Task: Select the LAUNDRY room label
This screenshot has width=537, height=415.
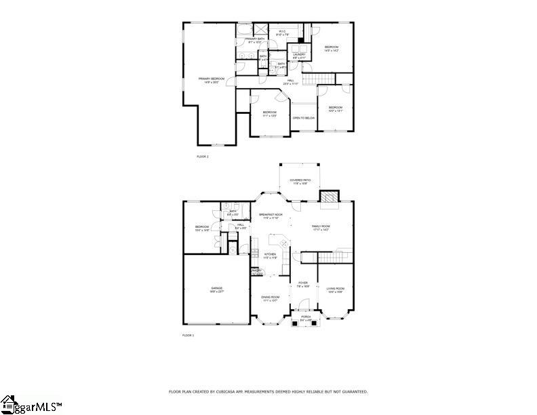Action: (x=299, y=56)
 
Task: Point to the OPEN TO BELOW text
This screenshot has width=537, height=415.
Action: (x=303, y=118)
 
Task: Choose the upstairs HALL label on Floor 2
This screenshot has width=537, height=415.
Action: (x=290, y=81)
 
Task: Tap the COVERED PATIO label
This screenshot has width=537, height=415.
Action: (x=300, y=181)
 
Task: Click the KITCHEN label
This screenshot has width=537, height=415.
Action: (x=270, y=256)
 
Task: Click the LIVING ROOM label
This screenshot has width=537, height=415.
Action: (x=335, y=290)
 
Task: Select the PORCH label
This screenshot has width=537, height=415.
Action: (x=306, y=317)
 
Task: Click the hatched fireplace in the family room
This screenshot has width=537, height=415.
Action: (x=329, y=197)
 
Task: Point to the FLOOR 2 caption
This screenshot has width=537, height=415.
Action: (x=203, y=157)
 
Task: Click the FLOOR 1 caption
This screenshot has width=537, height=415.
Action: (x=188, y=336)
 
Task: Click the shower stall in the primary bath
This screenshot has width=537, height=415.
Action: (x=260, y=30)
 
